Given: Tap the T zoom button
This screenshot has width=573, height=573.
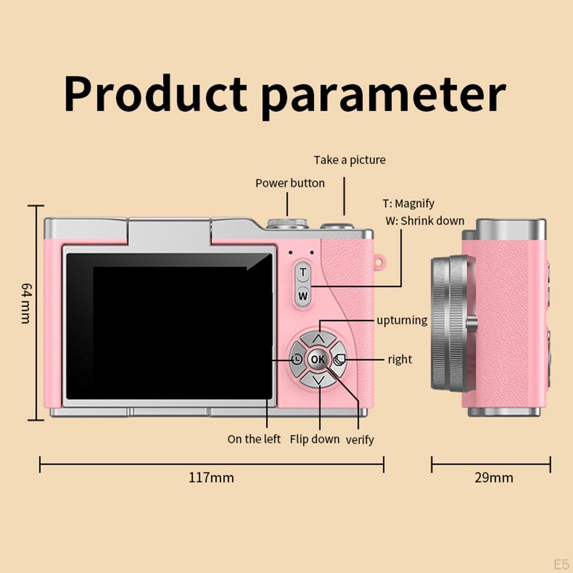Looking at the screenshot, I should click(303, 273).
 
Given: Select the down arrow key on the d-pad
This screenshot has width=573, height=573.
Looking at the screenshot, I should click(318, 381).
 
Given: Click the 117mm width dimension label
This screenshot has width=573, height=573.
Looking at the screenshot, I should click(211, 478).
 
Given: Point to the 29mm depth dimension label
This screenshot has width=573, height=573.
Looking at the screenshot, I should click(494, 478).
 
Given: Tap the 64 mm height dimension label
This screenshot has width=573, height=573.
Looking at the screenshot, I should click(26, 303).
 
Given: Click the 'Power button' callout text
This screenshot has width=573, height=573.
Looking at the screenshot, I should click(290, 183).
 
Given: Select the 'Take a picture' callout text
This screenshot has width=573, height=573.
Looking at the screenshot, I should click(350, 160).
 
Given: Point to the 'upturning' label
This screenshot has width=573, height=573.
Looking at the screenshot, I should click(402, 321).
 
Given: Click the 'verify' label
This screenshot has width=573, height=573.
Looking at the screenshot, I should click(359, 440).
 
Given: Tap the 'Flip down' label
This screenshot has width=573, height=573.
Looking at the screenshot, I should click(314, 439).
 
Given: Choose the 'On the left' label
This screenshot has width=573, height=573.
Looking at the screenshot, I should click(254, 439).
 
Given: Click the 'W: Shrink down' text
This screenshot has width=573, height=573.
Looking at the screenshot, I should click(425, 220).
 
